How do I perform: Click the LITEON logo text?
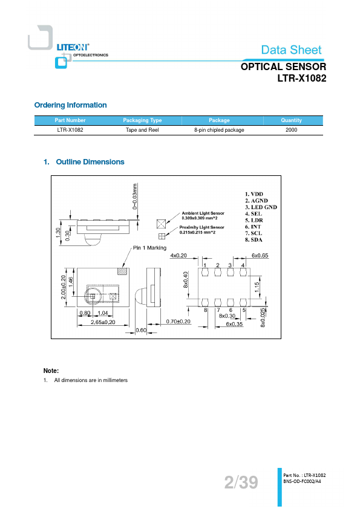pyautogui.click(x=73, y=47)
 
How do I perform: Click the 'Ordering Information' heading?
pyautogui.click(x=71, y=105)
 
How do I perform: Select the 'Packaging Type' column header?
pyautogui.click(x=142, y=120)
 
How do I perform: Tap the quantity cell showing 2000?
pyautogui.click(x=292, y=130)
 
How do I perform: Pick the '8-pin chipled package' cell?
pyautogui.click(x=219, y=130)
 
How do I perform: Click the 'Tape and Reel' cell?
pyautogui.click(x=142, y=130)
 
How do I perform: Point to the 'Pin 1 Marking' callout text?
pyautogui.click(x=149, y=248)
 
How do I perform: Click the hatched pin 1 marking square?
pyautogui.click(x=122, y=271)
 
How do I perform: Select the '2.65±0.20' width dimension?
pyautogui.click(x=103, y=322)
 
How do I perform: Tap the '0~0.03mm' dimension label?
pyautogui.click(x=135, y=196)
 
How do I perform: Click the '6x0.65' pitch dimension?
pyautogui.click(x=260, y=256)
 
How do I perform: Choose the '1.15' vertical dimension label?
pyautogui.click(x=257, y=287)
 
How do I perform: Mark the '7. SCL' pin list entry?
pyautogui.click(x=254, y=233)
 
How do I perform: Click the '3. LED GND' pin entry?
pyautogui.click(x=261, y=207)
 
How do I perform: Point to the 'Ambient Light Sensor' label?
pyautogui.click(x=203, y=213)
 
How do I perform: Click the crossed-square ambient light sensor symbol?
pyautogui.click(x=161, y=224)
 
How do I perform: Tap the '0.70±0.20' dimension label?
pyautogui.click(x=178, y=322)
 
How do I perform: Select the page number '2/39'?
pyautogui.click(x=241, y=482)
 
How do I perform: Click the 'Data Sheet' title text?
pyautogui.click(x=292, y=50)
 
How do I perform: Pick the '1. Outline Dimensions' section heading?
pyautogui.click(x=84, y=162)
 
